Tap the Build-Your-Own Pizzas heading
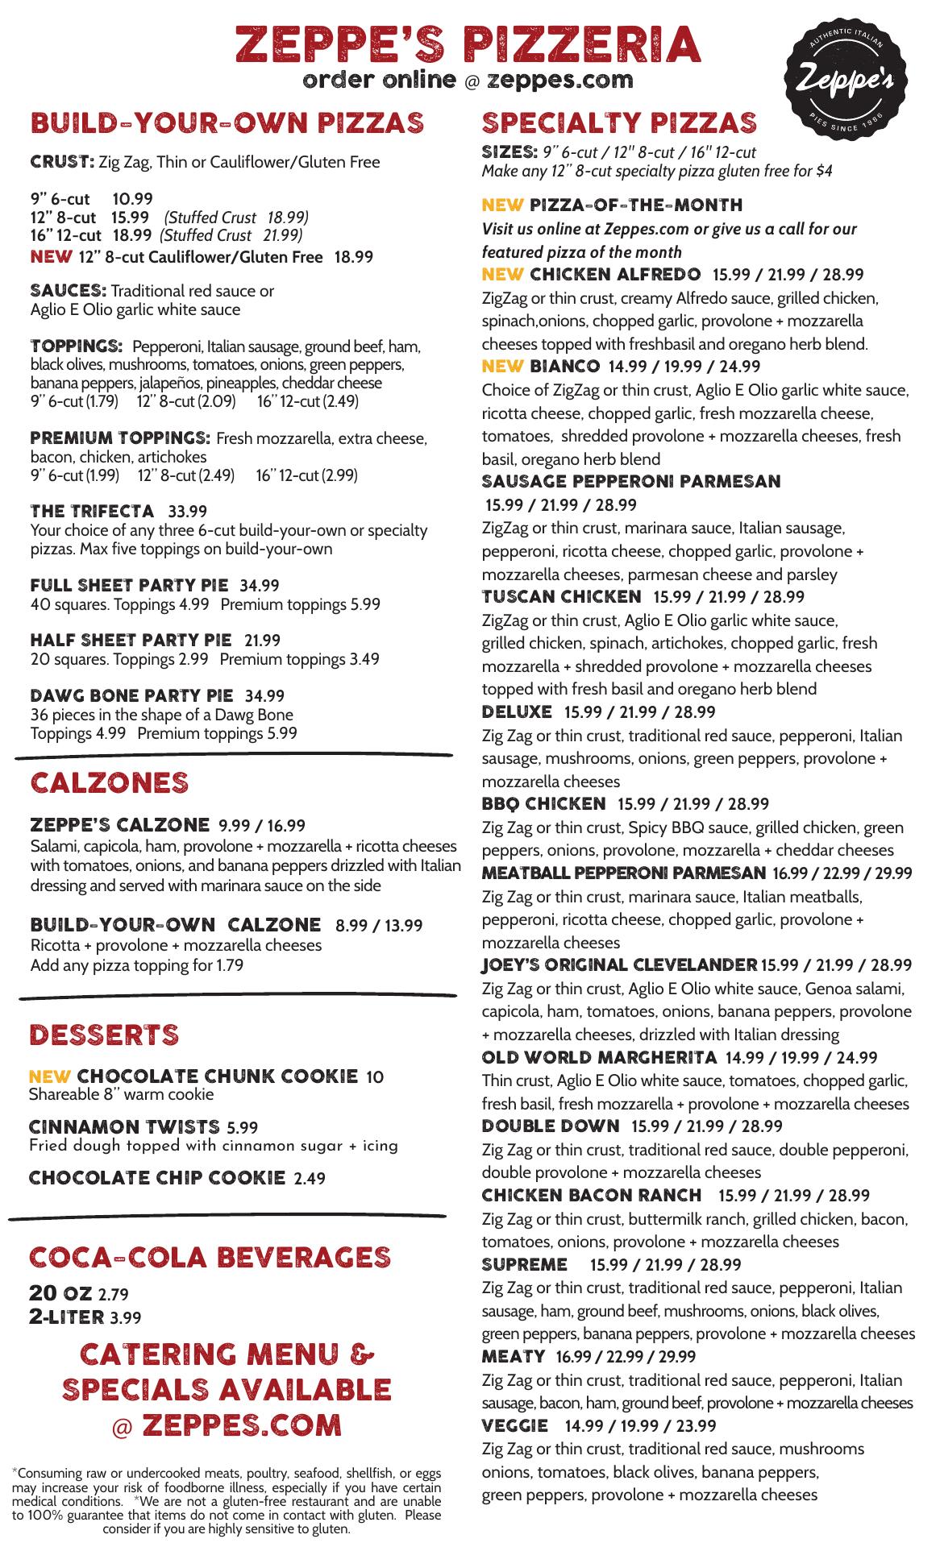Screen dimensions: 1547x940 point(227,123)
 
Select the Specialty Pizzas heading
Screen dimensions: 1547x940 point(619,123)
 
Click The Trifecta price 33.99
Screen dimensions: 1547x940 point(187,512)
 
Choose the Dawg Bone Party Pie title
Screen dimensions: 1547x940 point(131,695)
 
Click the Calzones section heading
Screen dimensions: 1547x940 point(109,783)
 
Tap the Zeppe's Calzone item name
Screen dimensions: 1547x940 point(119,825)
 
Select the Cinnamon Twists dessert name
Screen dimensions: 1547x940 point(124,1127)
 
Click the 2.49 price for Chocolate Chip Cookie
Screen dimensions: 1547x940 point(310,1179)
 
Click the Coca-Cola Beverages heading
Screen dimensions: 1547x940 point(210,1257)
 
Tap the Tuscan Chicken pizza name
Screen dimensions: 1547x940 point(561,597)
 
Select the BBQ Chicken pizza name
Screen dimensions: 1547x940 point(543,804)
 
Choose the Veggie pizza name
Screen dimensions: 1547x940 point(514,1425)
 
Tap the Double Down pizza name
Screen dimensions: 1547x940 point(551,1126)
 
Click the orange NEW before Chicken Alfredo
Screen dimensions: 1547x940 point(502,274)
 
